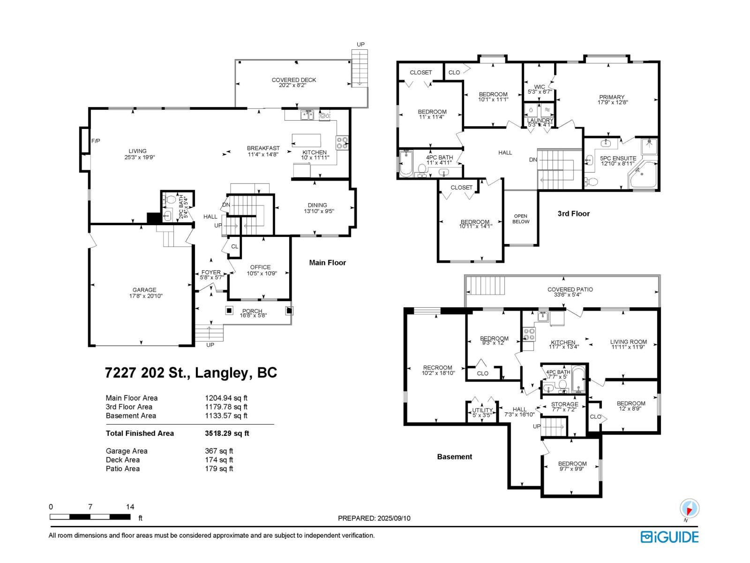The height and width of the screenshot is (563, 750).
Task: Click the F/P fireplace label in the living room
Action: pos(96,141)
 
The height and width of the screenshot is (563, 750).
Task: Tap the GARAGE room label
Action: pos(144,290)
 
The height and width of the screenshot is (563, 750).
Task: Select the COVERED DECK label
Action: pos(294,80)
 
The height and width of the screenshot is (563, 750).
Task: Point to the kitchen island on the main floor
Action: pos(306,140)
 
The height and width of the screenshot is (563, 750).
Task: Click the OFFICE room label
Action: pos(260,267)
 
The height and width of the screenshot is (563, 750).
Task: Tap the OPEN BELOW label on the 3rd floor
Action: pos(521,219)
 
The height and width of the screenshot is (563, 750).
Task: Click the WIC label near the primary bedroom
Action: pos(540,87)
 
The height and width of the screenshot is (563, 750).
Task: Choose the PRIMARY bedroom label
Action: pos(612,97)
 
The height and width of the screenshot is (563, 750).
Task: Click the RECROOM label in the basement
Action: pos(438,368)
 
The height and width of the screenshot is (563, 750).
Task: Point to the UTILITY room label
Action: pos(482,410)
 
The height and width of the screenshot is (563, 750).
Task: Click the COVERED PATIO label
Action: pos(570,289)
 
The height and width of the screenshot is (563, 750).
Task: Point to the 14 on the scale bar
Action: pos(130,507)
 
